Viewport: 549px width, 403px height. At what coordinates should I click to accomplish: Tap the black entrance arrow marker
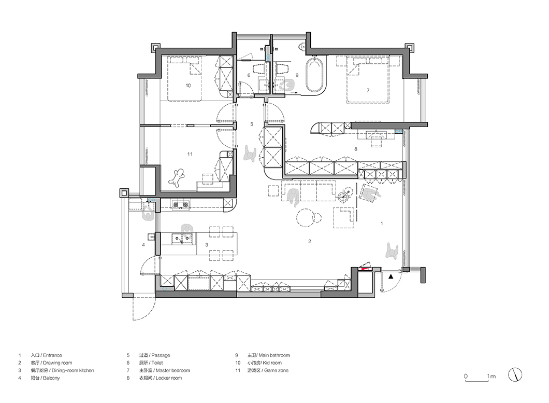pyautogui.click(x=391, y=277)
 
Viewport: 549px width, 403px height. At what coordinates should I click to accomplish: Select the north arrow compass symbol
pyautogui.click(x=515, y=374)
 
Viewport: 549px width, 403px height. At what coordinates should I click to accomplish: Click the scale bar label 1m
pyautogui.click(x=491, y=377)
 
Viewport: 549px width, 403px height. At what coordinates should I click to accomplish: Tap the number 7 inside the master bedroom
pyautogui.click(x=368, y=90)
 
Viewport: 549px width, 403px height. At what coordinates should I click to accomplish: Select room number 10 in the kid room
pyautogui.click(x=189, y=86)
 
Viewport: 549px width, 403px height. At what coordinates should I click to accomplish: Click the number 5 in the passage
pyautogui.click(x=252, y=124)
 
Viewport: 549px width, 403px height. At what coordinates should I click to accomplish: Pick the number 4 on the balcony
pyautogui.click(x=143, y=244)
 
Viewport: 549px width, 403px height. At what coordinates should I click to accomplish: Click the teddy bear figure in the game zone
pyautogui.click(x=178, y=178)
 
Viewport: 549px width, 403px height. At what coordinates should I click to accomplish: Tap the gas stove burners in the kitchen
pyautogui.click(x=180, y=204)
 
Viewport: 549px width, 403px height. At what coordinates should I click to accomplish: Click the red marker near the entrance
pyautogui.click(x=366, y=269)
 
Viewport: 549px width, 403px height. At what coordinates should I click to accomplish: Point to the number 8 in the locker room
pyautogui.click(x=356, y=149)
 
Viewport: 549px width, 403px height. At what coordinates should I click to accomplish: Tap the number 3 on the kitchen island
pyautogui.click(x=207, y=244)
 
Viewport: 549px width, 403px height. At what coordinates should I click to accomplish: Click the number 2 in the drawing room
pyautogui.click(x=310, y=241)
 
